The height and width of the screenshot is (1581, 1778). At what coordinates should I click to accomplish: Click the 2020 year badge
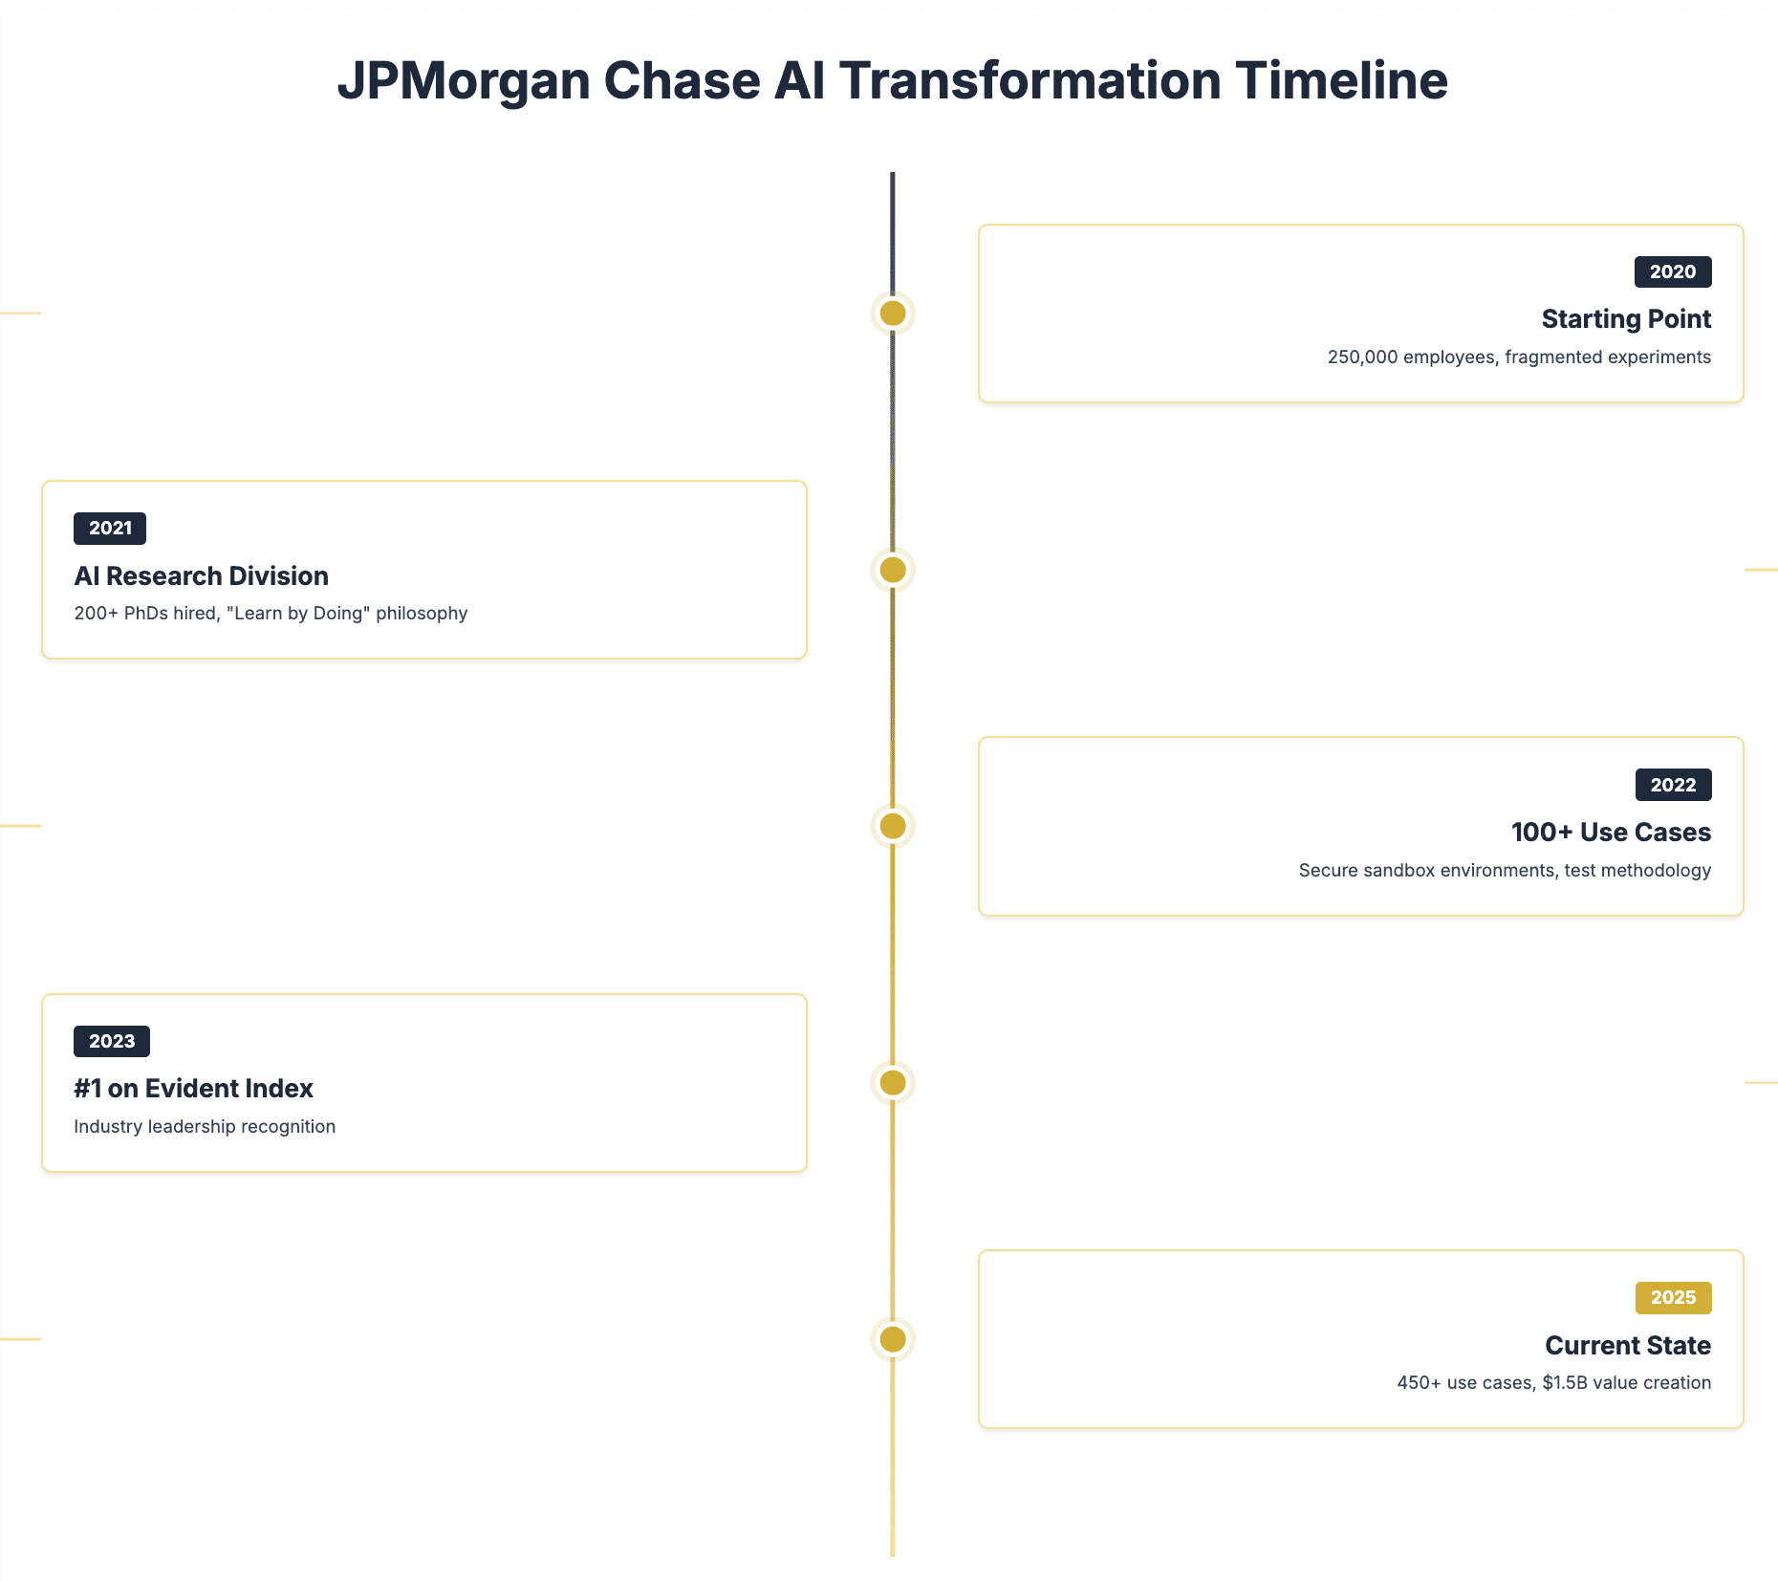point(1673,272)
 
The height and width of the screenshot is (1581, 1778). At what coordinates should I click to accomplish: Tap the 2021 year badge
point(110,529)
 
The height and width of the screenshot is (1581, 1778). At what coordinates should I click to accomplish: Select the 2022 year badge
point(1673,785)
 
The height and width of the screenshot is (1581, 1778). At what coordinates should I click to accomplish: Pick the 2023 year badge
point(112,1041)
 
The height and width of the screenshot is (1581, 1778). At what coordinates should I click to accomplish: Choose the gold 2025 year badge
point(1673,1298)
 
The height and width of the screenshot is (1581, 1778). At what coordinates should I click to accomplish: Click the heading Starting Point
point(1626,319)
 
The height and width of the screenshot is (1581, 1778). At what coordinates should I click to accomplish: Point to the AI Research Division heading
point(202,575)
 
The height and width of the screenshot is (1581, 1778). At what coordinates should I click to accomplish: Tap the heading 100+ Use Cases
point(1611,833)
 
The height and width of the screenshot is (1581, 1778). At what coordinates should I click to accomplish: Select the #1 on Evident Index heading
point(193,1089)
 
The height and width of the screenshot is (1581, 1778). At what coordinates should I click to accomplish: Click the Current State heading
point(1628,1346)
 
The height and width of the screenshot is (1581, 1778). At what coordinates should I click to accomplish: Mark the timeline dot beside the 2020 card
point(893,314)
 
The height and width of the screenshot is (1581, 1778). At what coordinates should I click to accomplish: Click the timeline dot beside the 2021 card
point(893,570)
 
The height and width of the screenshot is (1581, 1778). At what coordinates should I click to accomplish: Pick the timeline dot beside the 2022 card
point(893,826)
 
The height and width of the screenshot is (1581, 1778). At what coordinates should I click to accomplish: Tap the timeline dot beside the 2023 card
point(893,1083)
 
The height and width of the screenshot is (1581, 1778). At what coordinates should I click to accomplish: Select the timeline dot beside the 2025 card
point(893,1339)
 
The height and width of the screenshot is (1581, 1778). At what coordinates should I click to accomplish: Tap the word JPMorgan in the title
point(465,82)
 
